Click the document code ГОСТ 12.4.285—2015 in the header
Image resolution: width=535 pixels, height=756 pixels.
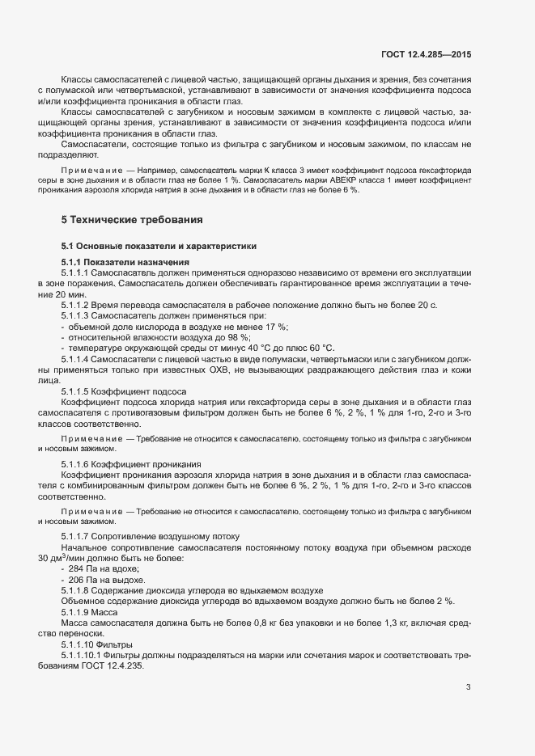(426, 54)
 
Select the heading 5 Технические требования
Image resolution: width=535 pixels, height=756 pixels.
(132, 220)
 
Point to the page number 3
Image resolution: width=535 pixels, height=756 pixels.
(468, 687)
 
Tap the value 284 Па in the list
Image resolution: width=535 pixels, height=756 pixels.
(83, 568)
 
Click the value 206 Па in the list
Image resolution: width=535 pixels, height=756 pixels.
(83, 579)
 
